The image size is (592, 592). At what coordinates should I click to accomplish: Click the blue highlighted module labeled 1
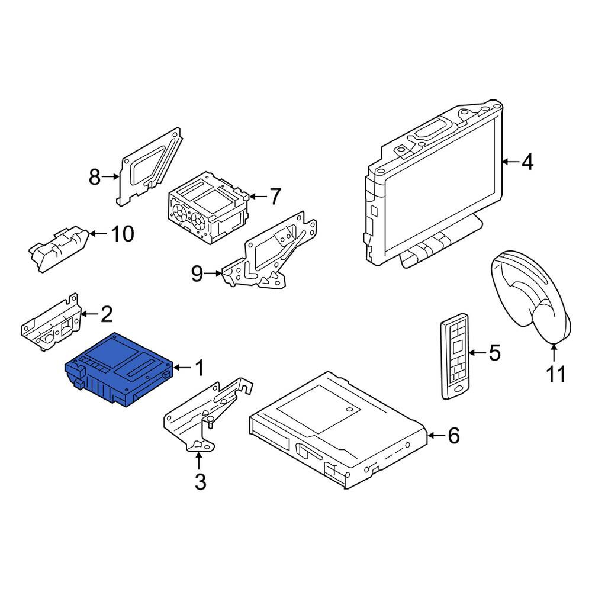click(119, 370)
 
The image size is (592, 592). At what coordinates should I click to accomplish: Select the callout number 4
click(527, 162)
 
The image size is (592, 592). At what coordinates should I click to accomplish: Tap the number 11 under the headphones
click(556, 374)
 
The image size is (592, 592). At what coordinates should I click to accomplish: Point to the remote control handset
click(455, 356)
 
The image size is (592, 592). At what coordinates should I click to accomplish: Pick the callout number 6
click(453, 436)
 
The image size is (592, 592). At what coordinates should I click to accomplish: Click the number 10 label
click(123, 234)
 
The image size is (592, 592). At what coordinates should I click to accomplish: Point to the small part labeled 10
click(59, 248)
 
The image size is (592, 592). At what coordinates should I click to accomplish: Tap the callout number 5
click(494, 353)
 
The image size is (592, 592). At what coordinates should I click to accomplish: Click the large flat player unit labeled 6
click(338, 430)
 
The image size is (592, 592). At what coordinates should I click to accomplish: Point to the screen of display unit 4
click(440, 185)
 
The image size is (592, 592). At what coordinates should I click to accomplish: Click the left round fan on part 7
click(180, 214)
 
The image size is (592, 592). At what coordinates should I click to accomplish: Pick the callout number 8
click(95, 176)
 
